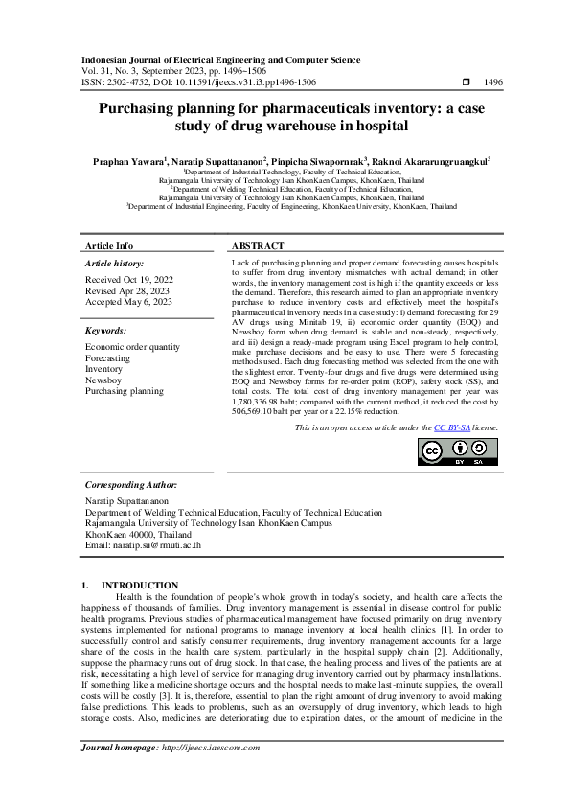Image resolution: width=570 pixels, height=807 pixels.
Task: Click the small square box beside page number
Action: click(x=465, y=82)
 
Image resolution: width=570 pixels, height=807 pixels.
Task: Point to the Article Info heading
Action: click(x=109, y=246)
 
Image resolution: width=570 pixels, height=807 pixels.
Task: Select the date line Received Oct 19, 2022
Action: click(x=130, y=280)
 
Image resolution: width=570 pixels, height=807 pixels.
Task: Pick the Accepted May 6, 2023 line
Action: click(x=129, y=301)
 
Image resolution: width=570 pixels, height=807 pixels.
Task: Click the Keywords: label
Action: click(x=106, y=330)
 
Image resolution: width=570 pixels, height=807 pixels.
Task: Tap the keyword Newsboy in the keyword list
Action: click(x=103, y=380)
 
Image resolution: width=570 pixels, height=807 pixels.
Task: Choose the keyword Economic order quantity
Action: click(x=132, y=346)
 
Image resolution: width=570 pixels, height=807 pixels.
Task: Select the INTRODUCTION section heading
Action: click(x=140, y=585)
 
